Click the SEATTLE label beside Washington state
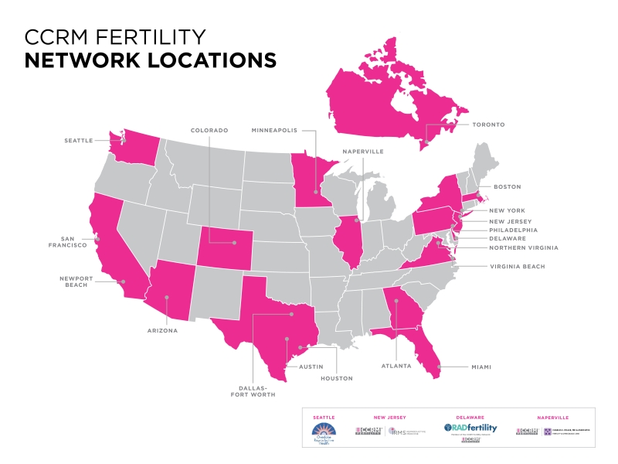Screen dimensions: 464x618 tap(79, 140)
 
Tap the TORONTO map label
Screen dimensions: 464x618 tap(488, 124)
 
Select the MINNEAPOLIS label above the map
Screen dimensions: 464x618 tap(274, 131)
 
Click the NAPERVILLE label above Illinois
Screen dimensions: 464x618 tap(362, 152)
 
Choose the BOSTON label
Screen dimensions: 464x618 tap(507, 186)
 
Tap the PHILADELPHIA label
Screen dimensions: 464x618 tap(513, 230)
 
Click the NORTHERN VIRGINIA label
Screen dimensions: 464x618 tap(523, 247)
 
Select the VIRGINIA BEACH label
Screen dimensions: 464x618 tap(517, 266)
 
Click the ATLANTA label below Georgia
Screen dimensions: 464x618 tap(397, 367)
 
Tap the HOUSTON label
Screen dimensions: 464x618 tap(337, 378)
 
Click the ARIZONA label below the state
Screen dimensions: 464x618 tap(164, 330)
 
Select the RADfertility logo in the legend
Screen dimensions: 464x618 tap(470, 428)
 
